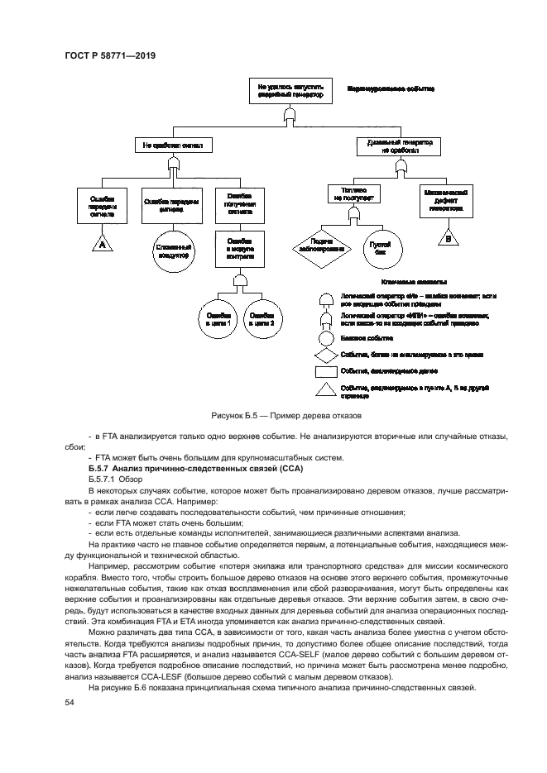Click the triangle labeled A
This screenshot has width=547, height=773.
click(x=103, y=244)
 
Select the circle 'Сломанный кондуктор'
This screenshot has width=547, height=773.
click(x=172, y=251)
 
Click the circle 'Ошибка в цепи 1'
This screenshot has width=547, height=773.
click(x=217, y=318)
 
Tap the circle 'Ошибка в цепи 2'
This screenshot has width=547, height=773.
click(x=262, y=318)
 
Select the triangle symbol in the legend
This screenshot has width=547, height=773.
click(x=326, y=389)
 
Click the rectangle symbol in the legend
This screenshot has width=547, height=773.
click(x=326, y=371)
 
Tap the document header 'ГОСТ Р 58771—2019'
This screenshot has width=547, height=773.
click(x=110, y=55)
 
